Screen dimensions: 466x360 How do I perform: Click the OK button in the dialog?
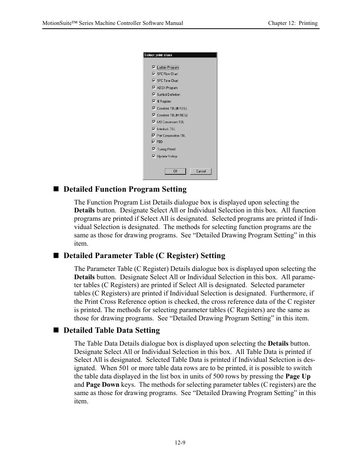pyautogui.click(x=175, y=171)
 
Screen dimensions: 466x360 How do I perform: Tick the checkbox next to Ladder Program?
pyautogui.click(x=154, y=67)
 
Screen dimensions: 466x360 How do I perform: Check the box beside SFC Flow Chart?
pyautogui.click(x=154, y=74)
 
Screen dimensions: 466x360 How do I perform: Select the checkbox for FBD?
pyautogui.click(x=154, y=142)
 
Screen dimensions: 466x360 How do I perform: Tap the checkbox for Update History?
pyautogui.click(x=154, y=156)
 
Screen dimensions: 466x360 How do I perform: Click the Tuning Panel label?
pyautogui.click(x=166, y=149)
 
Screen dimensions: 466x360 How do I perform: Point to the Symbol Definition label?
pyautogui.click(x=168, y=95)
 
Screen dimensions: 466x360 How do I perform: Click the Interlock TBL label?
pyautogui.click(x=166, y=129)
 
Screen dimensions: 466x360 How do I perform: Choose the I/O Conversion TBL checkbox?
pyautogui.click(x=154, y=122)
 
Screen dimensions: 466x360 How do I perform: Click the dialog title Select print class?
pyautogui.click(x=158, y=55)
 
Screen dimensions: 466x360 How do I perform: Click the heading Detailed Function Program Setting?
pyautogui.click(x=125, y=189)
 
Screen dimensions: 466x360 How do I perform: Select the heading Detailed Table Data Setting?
pyautogui.click(x=111, y=330)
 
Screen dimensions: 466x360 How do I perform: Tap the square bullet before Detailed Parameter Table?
pyautogui.click(x=56, y=255)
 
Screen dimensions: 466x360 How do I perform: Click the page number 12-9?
pyautogui.click(x=180, y=443)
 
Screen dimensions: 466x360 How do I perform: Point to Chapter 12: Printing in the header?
pyautogui.click(x=292, y=23)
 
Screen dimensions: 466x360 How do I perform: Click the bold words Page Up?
pyautogui.click(x=298, y=376)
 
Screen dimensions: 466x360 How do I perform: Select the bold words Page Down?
pyautogui.click(x=102, y=384)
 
